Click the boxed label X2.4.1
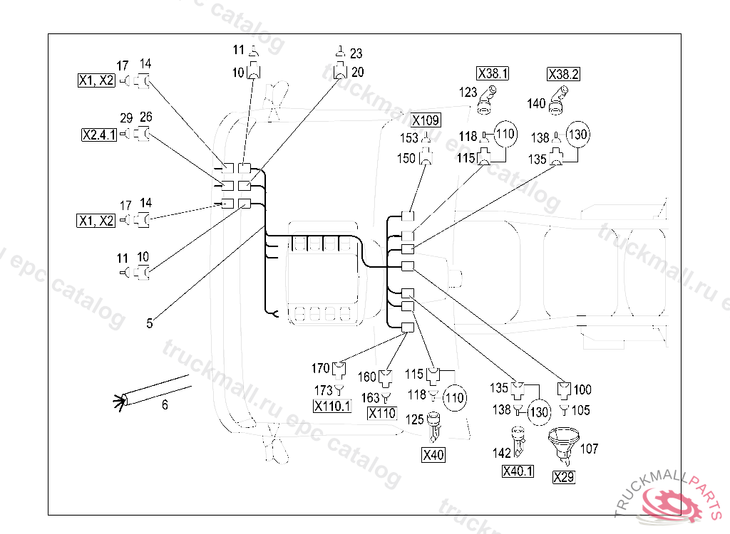coord(98,134)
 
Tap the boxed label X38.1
coord(493,74)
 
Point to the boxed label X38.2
coord(563,74)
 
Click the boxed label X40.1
coord(518,471)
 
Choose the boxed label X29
coord(563,478)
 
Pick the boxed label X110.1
coord(332,406)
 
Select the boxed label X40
coord(433,455)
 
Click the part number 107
coord(590,449)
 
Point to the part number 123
coord(468,92)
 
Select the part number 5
coord(150,323)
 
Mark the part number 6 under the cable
coord(165,405)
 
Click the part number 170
coord(320,368)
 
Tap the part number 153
coord(409,139)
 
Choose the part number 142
coord(502,454)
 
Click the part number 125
coord(414,419)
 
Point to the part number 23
coord(356,53)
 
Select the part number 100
coord(582,389)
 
